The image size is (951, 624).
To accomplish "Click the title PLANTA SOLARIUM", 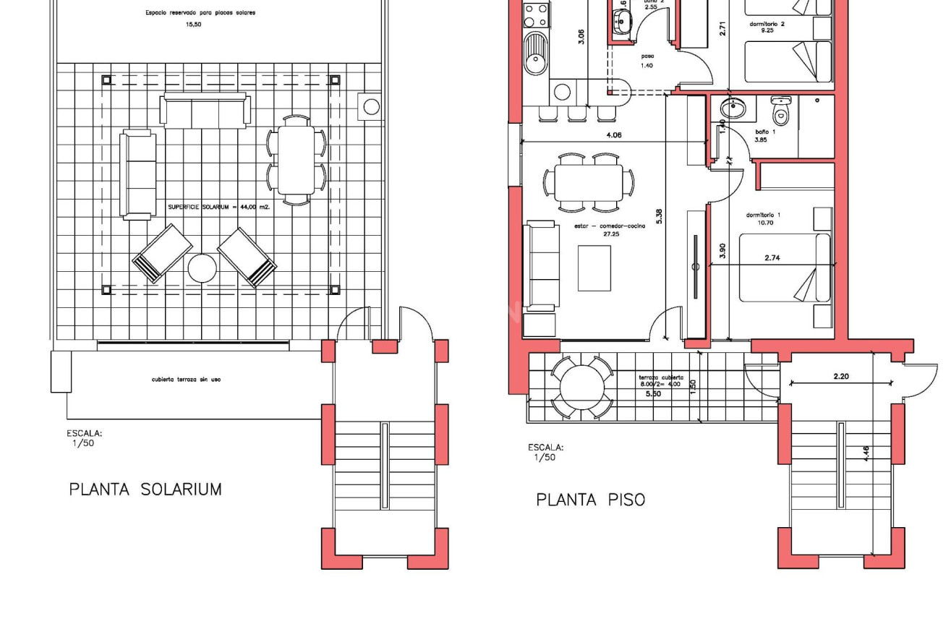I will coord(145,490).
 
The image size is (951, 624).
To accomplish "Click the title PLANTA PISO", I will coord(590,500).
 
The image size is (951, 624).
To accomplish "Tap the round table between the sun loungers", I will coord(202,269).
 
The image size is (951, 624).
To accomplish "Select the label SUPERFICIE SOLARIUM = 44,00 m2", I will coord(218,207).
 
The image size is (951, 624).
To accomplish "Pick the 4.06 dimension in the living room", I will coord(613,135).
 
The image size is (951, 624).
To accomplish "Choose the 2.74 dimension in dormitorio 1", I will coord(772,258).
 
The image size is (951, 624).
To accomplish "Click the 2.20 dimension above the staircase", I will coord(840,377).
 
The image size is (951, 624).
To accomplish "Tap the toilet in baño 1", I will coord(781,112).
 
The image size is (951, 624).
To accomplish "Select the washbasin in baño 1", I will coord(735,109).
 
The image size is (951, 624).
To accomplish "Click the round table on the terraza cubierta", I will coord(581,387).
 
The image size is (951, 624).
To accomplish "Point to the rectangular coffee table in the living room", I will coord(594,268).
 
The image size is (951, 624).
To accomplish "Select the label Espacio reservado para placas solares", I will coord(200,13).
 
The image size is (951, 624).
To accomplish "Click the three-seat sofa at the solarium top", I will coord(206,111).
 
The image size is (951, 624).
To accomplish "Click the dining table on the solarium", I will coord(297,160).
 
